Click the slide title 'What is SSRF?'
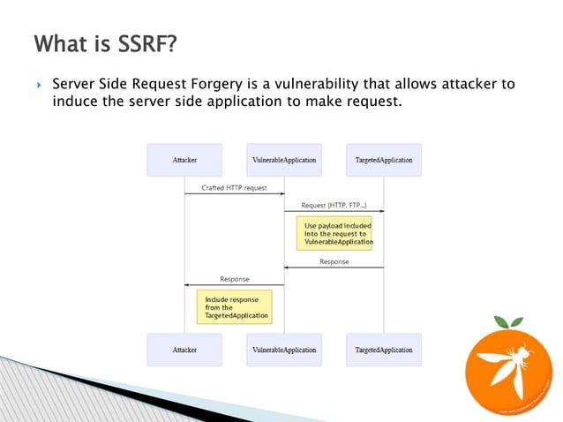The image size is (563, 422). coord(101,43)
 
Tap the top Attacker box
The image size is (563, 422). coord(184,160)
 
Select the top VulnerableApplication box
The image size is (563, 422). coord(284,160)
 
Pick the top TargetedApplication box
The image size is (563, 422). coord(383,160)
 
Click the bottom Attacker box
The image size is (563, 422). coord(184,350)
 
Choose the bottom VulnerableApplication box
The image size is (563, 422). coord(284,350)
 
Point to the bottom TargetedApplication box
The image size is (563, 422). coord(383,350)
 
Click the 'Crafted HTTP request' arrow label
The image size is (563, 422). coord(234,187)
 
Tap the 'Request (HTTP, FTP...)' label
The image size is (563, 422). coord(334,204)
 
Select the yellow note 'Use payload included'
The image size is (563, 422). coord(334,233)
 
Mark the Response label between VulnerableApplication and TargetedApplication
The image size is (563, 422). coord(334,261)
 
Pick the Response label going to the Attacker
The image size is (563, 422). coord(234,278)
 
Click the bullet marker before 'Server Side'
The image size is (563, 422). coord(39,86)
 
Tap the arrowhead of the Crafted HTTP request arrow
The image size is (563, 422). coord(281,193)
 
